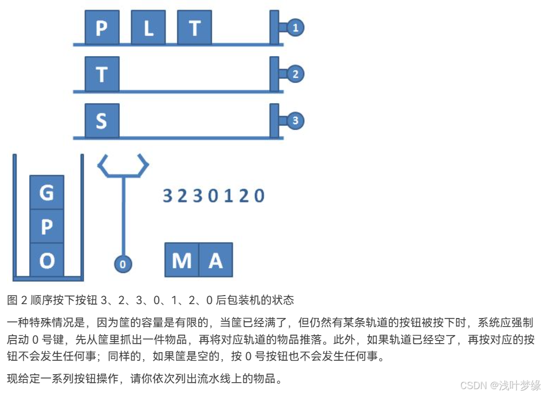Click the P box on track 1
pyautogui.click(x=101, y=28)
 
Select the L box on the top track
pyautogui.click(x=148, y=28)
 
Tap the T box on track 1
pyautogui.click(x=194, y=28)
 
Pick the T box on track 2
pyautogui.click(x=101, y=74)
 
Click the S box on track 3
pyautogui.click(x=101, y=121)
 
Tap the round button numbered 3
pyautogui.click(x=295, y=121)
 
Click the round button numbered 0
pyautogui.click(x=123, y=264)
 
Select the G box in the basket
pyautogui.click(x=47, y=192)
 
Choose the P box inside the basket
pyautogui.click(x=47, y=227)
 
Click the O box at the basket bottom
pyautogui.click(x=47, y=261)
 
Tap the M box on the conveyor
pyautogui.click(x=182, y=260)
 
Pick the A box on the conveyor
pyautogui.click(x=215, y=260)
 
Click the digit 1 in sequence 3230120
pyautogui.click(x=229, y=196)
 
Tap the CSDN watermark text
pyautogui.click(x=471, y=385)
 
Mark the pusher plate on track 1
pyautogui.click(x=274, y=27)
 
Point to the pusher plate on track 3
pyautogui.click(x=274, y=120)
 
